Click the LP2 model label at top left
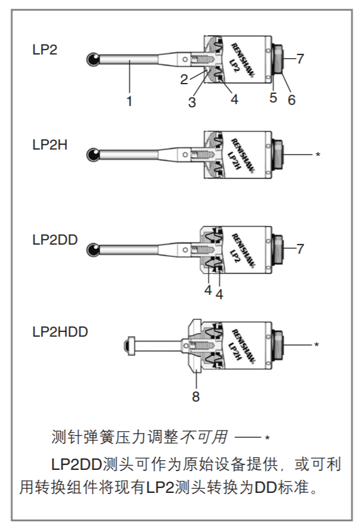[45, 50]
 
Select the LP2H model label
[50, 145]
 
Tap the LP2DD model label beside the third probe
[55, 240]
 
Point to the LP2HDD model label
[61, 332]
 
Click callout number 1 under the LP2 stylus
[129, 101]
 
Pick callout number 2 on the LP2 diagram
[184, 79]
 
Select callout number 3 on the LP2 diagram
[192, 102]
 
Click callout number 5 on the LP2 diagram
[273, 97]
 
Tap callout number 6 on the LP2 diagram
[292, 100]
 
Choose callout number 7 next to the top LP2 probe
[300, 59]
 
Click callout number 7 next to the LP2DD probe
[300, 249]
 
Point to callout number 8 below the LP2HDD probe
[195, 397]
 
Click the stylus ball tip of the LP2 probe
[93, 59]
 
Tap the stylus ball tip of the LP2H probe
[93, 155]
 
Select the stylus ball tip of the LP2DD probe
[93, 249]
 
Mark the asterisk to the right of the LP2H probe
[318, 154]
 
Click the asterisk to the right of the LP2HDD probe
[316, 344]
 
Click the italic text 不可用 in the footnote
[204, 437]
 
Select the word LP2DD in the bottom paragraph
[76, 464]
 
